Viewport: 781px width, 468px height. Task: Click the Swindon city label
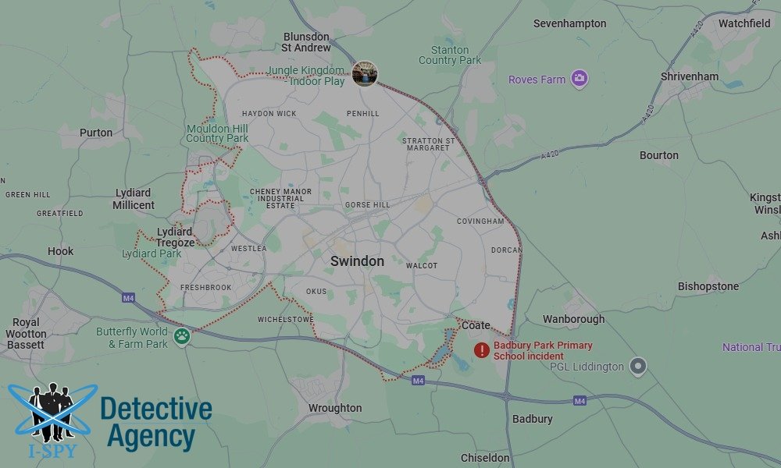point(357,261)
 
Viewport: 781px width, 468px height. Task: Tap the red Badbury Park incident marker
point(482,351)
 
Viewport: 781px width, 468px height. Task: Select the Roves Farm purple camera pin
point(579,79)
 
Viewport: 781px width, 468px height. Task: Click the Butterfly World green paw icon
point(182,337)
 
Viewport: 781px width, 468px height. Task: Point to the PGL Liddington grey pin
point(638,366)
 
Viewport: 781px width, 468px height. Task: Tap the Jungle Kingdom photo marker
point(365,73)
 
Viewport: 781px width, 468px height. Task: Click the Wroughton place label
point(335,408)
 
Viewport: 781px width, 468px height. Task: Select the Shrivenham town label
point(690,77)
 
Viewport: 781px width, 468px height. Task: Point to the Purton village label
point(96,133)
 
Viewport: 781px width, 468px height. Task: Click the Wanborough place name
point(573,319)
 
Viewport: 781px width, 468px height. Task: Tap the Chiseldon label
point(485,458)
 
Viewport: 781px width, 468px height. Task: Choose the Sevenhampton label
point(569,23)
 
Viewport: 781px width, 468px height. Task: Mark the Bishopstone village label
point(708,286)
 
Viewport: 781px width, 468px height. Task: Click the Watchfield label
point(744,23)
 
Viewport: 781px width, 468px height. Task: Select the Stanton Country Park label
point(450,55)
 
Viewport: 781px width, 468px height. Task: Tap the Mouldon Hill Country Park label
point(217,133)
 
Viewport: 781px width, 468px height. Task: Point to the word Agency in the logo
point(151,436)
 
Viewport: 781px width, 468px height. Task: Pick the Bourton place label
point(659,155)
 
